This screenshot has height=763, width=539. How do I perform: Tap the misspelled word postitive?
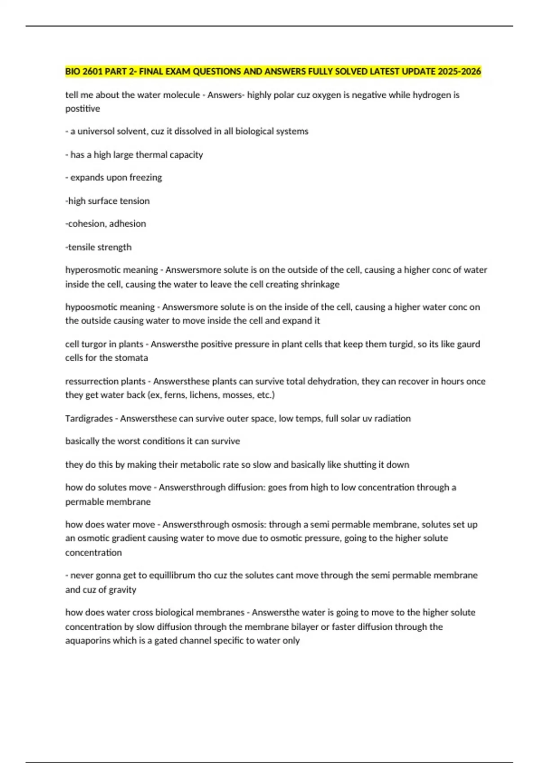(x=83, y=109)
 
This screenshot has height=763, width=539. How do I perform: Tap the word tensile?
(x=82, y=247)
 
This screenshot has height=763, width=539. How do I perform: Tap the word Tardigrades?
(x=89, y=418)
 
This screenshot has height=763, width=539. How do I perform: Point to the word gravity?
(x=121, y=590)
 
